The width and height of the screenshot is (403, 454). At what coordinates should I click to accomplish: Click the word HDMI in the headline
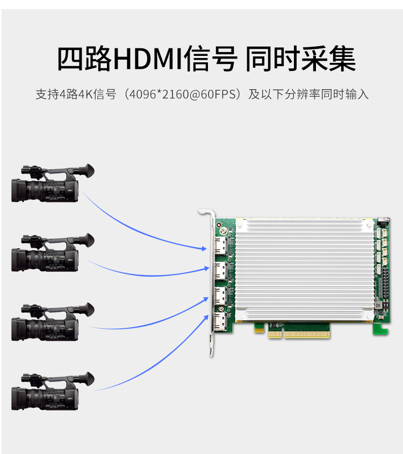[x=148, y=59]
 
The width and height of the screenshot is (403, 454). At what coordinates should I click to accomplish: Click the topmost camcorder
[x=53, y=183]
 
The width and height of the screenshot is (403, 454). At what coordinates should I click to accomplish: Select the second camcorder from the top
[x=53, y=253]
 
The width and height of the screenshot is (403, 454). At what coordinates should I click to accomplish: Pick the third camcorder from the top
[x=53, y=322]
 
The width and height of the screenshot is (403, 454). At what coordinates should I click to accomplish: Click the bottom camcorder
[x=53, y=391]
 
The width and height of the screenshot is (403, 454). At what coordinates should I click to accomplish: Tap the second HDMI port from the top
[x=221, y=271]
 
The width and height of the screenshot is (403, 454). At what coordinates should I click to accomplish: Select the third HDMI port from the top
[x=221, y=296]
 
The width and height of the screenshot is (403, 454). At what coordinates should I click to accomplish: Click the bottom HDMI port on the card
[x=221, y=321]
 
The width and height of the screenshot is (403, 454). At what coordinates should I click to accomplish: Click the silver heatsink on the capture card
[x=304, y=270]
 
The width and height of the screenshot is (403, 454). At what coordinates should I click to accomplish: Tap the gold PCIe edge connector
[x=299, y=334]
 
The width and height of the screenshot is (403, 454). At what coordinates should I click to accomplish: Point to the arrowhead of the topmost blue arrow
[x=204, y=248]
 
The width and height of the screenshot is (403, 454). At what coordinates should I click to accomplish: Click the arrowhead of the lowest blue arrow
[x=206, y=318]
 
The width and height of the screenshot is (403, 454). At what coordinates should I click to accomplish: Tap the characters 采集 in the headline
[x=328, y=59]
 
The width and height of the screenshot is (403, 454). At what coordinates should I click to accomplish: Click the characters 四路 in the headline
[x=84, y=59]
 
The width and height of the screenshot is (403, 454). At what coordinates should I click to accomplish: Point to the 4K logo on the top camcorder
[x=70, y=191]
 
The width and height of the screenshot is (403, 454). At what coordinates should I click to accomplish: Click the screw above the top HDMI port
[x=223, y=231]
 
